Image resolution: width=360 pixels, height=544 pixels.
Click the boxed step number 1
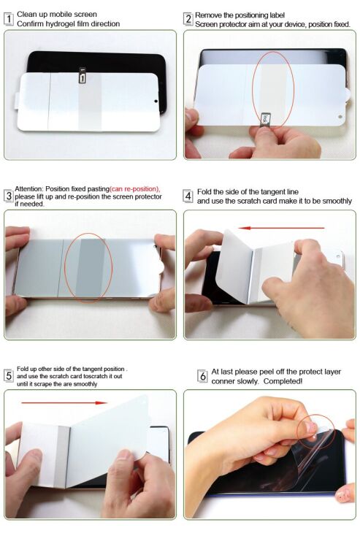[x=9, y=18]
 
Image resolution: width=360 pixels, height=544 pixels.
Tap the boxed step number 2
[x=188, y=18]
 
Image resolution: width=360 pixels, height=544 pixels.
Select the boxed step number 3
[x=9, y=196]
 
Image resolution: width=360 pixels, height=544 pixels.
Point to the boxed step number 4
[x=188, y=196]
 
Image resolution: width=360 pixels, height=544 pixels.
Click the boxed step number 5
[x=9, y=375]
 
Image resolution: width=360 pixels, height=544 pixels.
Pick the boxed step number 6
[x=202, y=376]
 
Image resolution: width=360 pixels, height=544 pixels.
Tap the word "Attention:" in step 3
[x=30, y=189]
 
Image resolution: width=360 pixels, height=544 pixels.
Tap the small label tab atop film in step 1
[x=83, y=73]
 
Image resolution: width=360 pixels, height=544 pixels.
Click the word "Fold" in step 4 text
[x=204, y=191]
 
